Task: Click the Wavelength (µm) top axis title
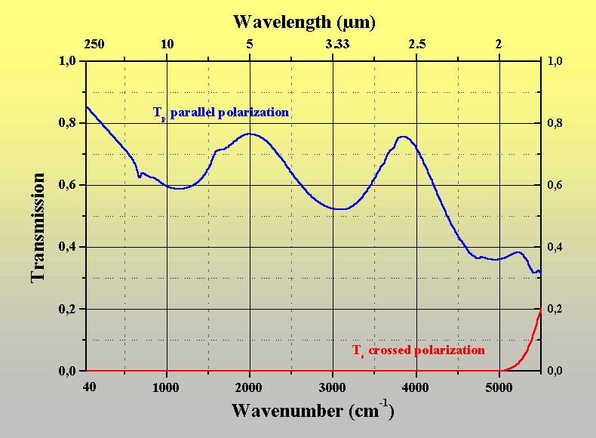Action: click(x=304, y=22)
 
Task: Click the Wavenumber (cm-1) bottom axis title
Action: click(x=312, y=412)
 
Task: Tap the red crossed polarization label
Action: click(x=419, y=350)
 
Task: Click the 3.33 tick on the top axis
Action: click(x=339, y=45)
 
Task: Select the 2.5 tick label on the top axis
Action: click(x=416, y=45)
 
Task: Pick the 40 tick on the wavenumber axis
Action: click(x=88, y=387)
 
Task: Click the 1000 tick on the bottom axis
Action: click(x=167, y=387)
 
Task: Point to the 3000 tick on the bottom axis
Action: click(x=333, y=387)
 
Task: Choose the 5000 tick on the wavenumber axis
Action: click(x=499, y=387)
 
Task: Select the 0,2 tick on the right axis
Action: click(x=555, y=309)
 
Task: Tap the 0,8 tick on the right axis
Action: click(x=555, y=123)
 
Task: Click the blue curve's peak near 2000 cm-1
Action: click(x=250, y=134)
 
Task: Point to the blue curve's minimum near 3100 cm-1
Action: click(x=341, y=209)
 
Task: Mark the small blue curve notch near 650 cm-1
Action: click(x=139, y=177)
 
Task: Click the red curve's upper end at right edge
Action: click(x=540, y=309)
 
